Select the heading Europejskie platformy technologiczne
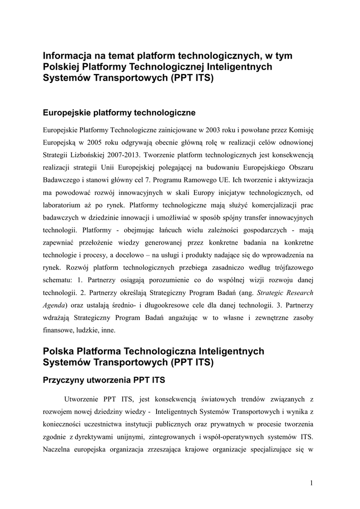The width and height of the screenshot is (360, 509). (x=119, y=113)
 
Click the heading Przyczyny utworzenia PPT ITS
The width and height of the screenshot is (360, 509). (x=104, y=381)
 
